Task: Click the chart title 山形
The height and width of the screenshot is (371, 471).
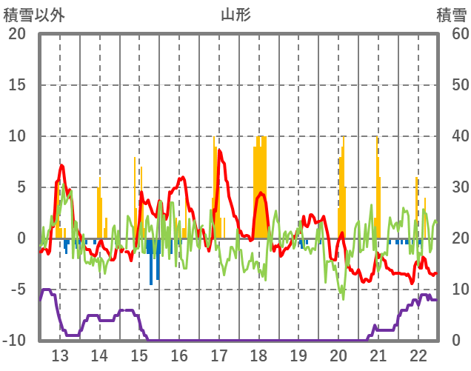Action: tap(235, 14)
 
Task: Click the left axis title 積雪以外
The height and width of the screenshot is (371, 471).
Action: tap(35, 14)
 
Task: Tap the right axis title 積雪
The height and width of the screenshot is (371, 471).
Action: tap(450, 14)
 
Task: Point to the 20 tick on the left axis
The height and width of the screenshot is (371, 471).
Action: tap(17, 34)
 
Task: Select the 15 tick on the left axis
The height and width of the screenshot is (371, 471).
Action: tap(17, 85)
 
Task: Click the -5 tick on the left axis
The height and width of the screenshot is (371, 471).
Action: tap(17, 290)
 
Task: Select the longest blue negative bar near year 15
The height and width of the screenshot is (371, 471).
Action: tap(151, 261)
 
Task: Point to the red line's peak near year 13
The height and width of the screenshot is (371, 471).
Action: tap(61, 166)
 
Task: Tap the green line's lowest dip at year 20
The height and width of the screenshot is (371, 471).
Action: tap(342, 297)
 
